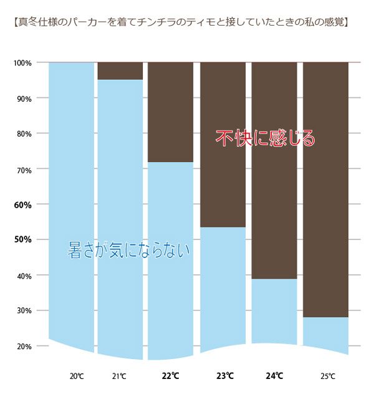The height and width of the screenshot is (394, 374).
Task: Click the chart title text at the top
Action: (181, 24)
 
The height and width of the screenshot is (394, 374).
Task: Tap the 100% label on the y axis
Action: (22, 63)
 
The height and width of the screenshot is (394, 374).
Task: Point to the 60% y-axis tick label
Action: (22, 204)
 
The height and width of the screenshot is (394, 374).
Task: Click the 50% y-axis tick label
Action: (22, 240)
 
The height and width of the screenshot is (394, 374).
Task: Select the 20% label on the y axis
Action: (24, 346)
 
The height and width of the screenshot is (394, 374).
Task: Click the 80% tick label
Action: (24, 134)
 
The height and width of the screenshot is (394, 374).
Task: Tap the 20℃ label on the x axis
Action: (77, 377)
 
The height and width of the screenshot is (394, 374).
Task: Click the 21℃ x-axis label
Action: (119, 377)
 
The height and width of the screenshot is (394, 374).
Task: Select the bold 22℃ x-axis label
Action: (170, 377)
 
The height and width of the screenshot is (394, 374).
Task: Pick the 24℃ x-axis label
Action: (274, 377)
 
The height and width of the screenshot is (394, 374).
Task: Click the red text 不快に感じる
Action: (266, 138)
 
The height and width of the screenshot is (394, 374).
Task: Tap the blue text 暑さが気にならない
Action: (128, 251)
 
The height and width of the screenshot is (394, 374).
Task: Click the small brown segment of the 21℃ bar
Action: (120, 70)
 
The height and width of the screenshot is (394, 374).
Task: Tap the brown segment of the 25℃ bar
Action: (325, 187)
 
